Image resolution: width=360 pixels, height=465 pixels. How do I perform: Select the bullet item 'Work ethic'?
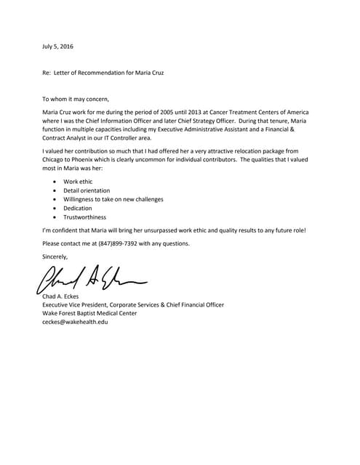78,181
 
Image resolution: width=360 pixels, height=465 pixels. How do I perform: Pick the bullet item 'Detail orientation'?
85,190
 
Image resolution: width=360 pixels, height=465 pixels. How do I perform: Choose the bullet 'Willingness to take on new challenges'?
113,199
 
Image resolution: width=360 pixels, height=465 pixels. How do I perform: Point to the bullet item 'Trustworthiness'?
84,217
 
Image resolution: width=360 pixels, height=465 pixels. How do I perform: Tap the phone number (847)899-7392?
131,243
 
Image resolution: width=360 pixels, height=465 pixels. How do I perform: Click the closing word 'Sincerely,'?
55,256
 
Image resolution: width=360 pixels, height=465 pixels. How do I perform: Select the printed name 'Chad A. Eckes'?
64,296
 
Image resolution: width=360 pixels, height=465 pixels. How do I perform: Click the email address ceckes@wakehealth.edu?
76,322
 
